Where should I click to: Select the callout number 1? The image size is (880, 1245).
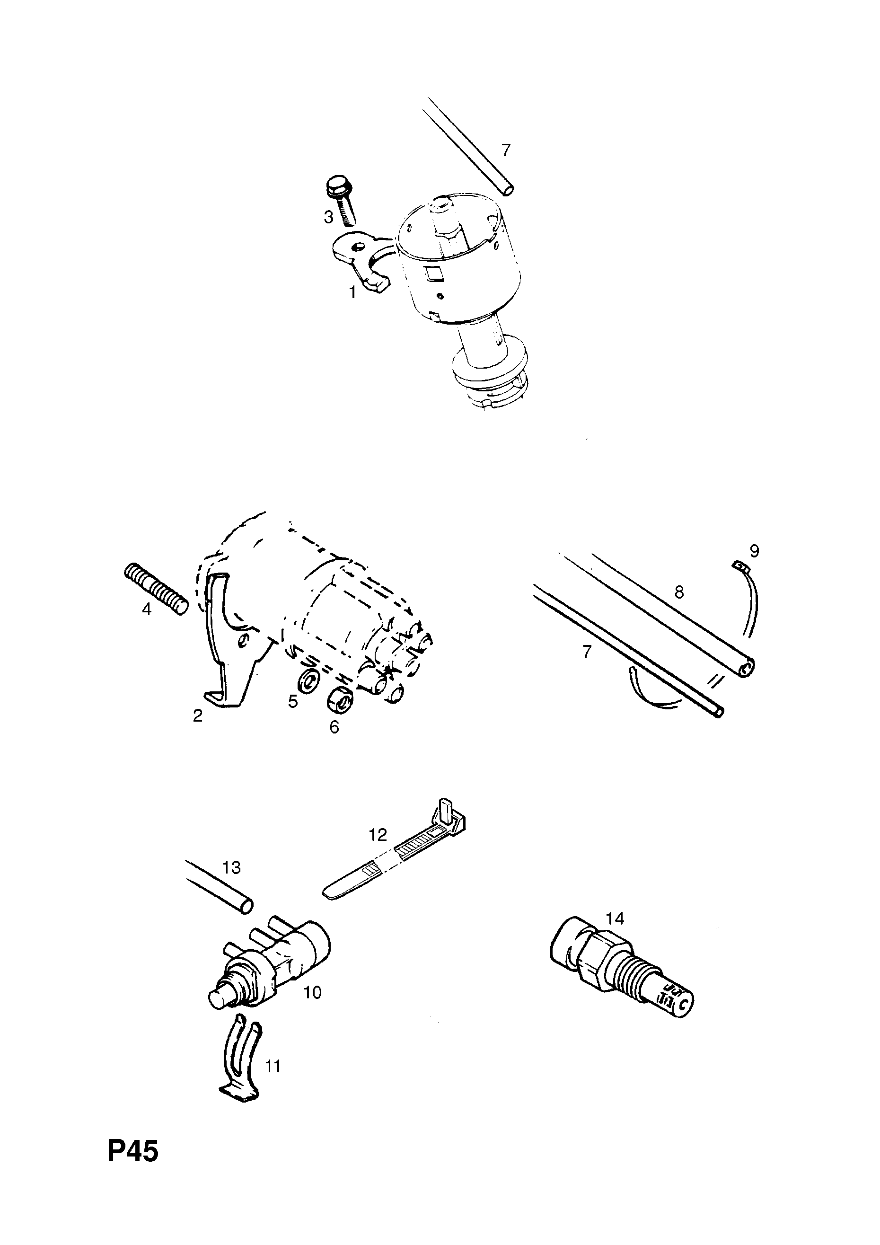[x=352, y=293]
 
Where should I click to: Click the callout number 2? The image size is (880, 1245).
[x=197, y=716]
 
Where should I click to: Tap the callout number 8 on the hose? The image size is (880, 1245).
[x=679, y=592]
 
